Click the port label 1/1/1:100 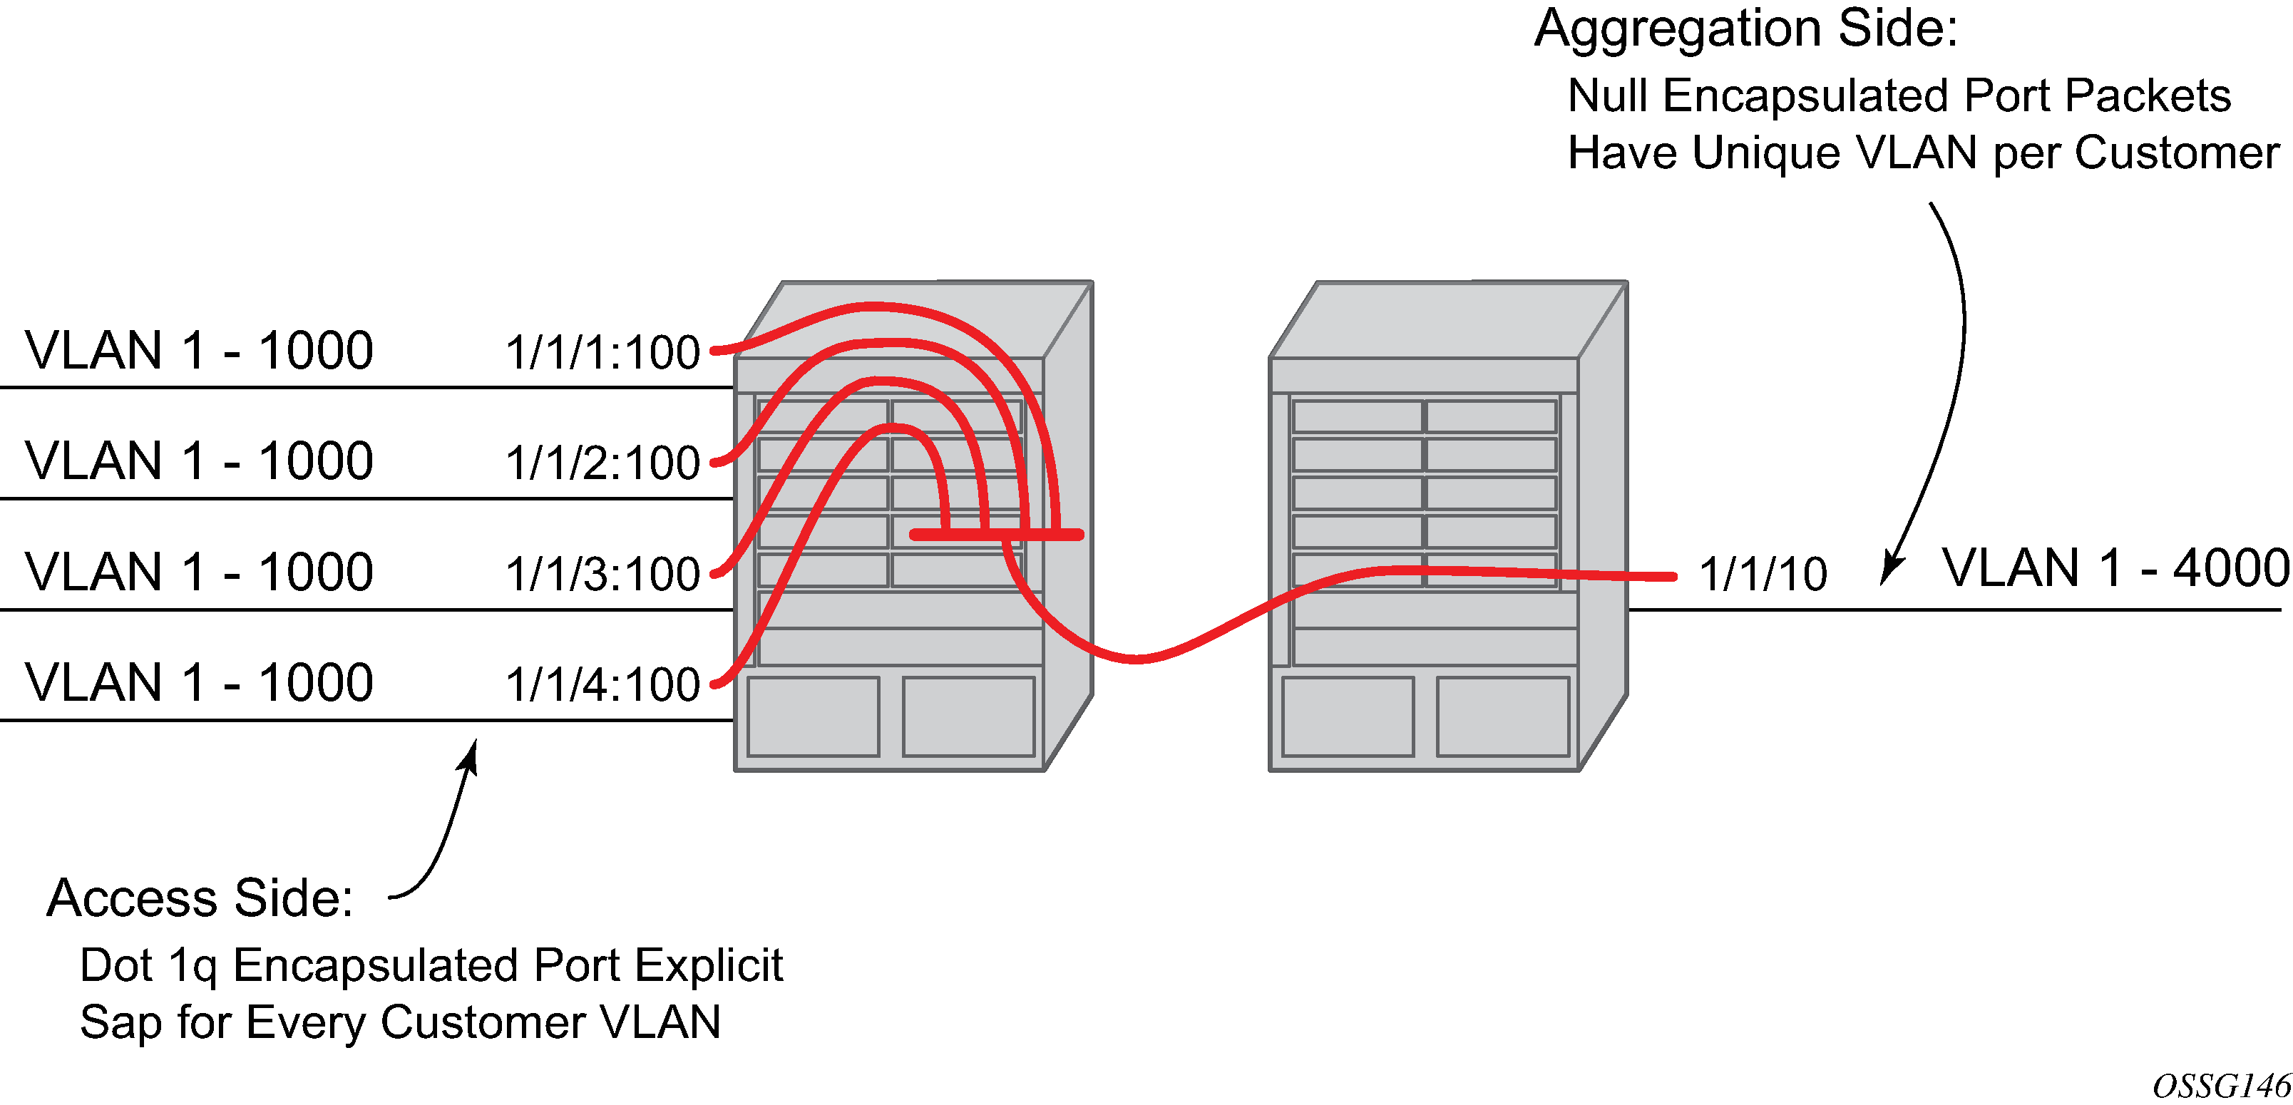pos(602,352)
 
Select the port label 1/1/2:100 pos(602,463)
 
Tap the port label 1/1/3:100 pos(602,574)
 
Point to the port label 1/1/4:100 pos(602,684)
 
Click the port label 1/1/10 pos(1763,574)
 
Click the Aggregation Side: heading pos(1746,29)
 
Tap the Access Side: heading pos(200,898)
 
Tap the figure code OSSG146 pos(2221,1086)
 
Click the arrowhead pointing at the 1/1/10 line pos(1892,567)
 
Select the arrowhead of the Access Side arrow pos(469,756)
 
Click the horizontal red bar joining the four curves pos(996,535)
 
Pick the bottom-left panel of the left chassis pos(813,717)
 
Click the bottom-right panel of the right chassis pos(1502,717)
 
